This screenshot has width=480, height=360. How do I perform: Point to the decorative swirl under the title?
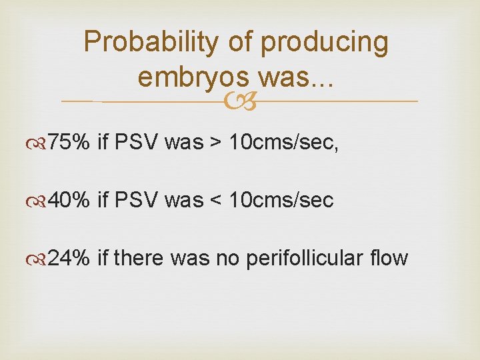(240, 101)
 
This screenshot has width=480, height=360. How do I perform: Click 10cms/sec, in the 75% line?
(284, 143)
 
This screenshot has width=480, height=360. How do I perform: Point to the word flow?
(390, 259)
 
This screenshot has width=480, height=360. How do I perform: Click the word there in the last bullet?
(139, 259)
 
